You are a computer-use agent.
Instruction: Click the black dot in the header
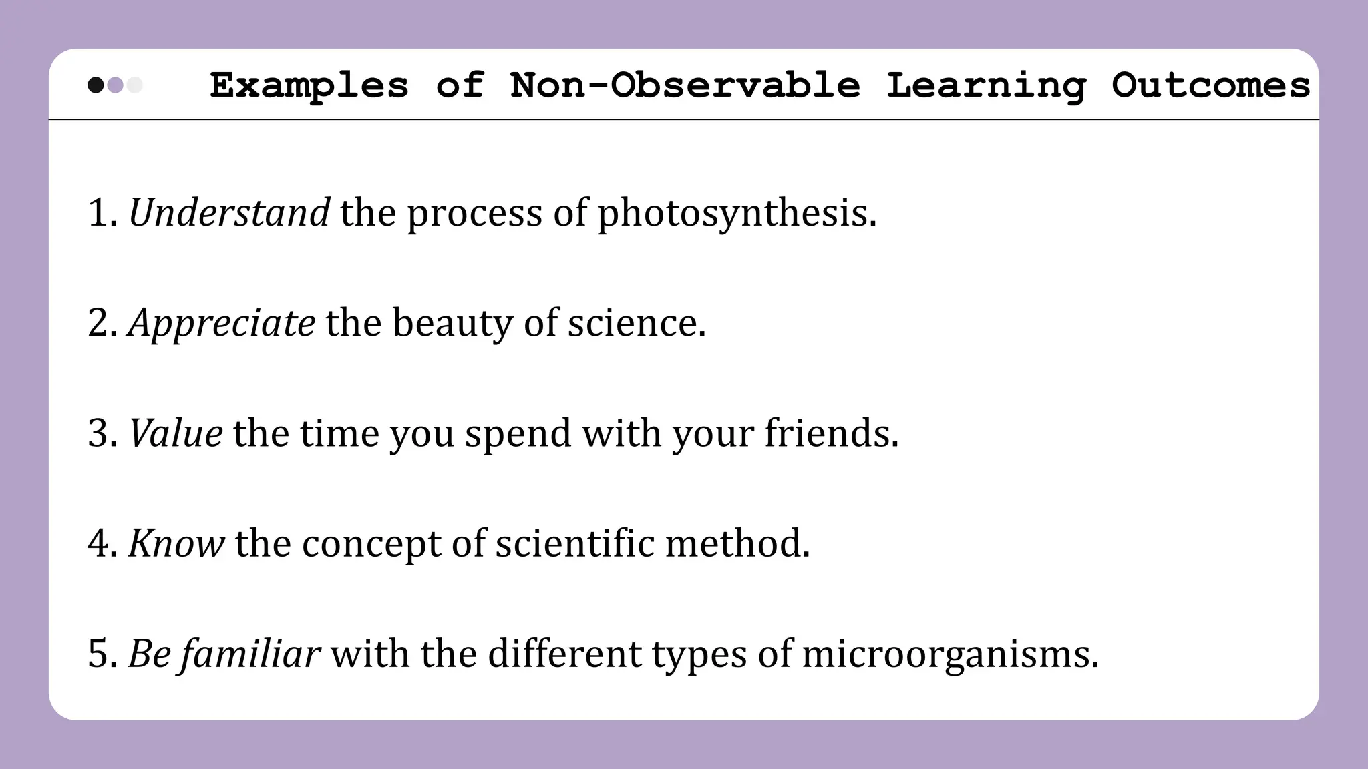pyautogui.click(x=96, y=85)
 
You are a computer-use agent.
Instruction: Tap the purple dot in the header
pyautogui.click(x=115, y=85)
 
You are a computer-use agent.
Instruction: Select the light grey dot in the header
pyautogui.click(x=135, y=85)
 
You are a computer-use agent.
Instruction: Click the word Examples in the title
pyautogui.click(x=309, y=86)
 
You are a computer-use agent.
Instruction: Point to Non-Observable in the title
pyautogui.click(x=685, y=85)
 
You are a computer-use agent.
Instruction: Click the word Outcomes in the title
pyautogui.click(x=1210, y=85)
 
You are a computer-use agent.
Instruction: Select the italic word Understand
pyautogui.click(x=228, y=212)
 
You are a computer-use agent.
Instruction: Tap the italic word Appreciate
pyautogui.click(x=221, y=324)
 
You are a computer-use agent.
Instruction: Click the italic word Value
pyautogui.click(x=175, y=433)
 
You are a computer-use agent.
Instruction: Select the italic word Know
pyautogui.click(x=176, y=543)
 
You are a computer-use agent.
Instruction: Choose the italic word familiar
pyautogui.click(x=250, y=654)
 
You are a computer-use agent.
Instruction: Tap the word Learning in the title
pyautogui.click(x=986, y=86)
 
